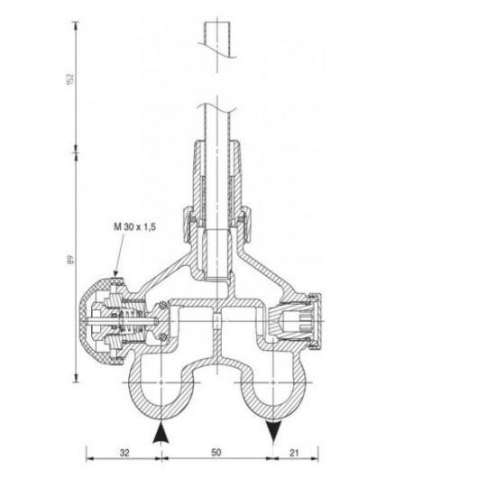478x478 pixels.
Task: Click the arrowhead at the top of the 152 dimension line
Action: coord(72,23)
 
